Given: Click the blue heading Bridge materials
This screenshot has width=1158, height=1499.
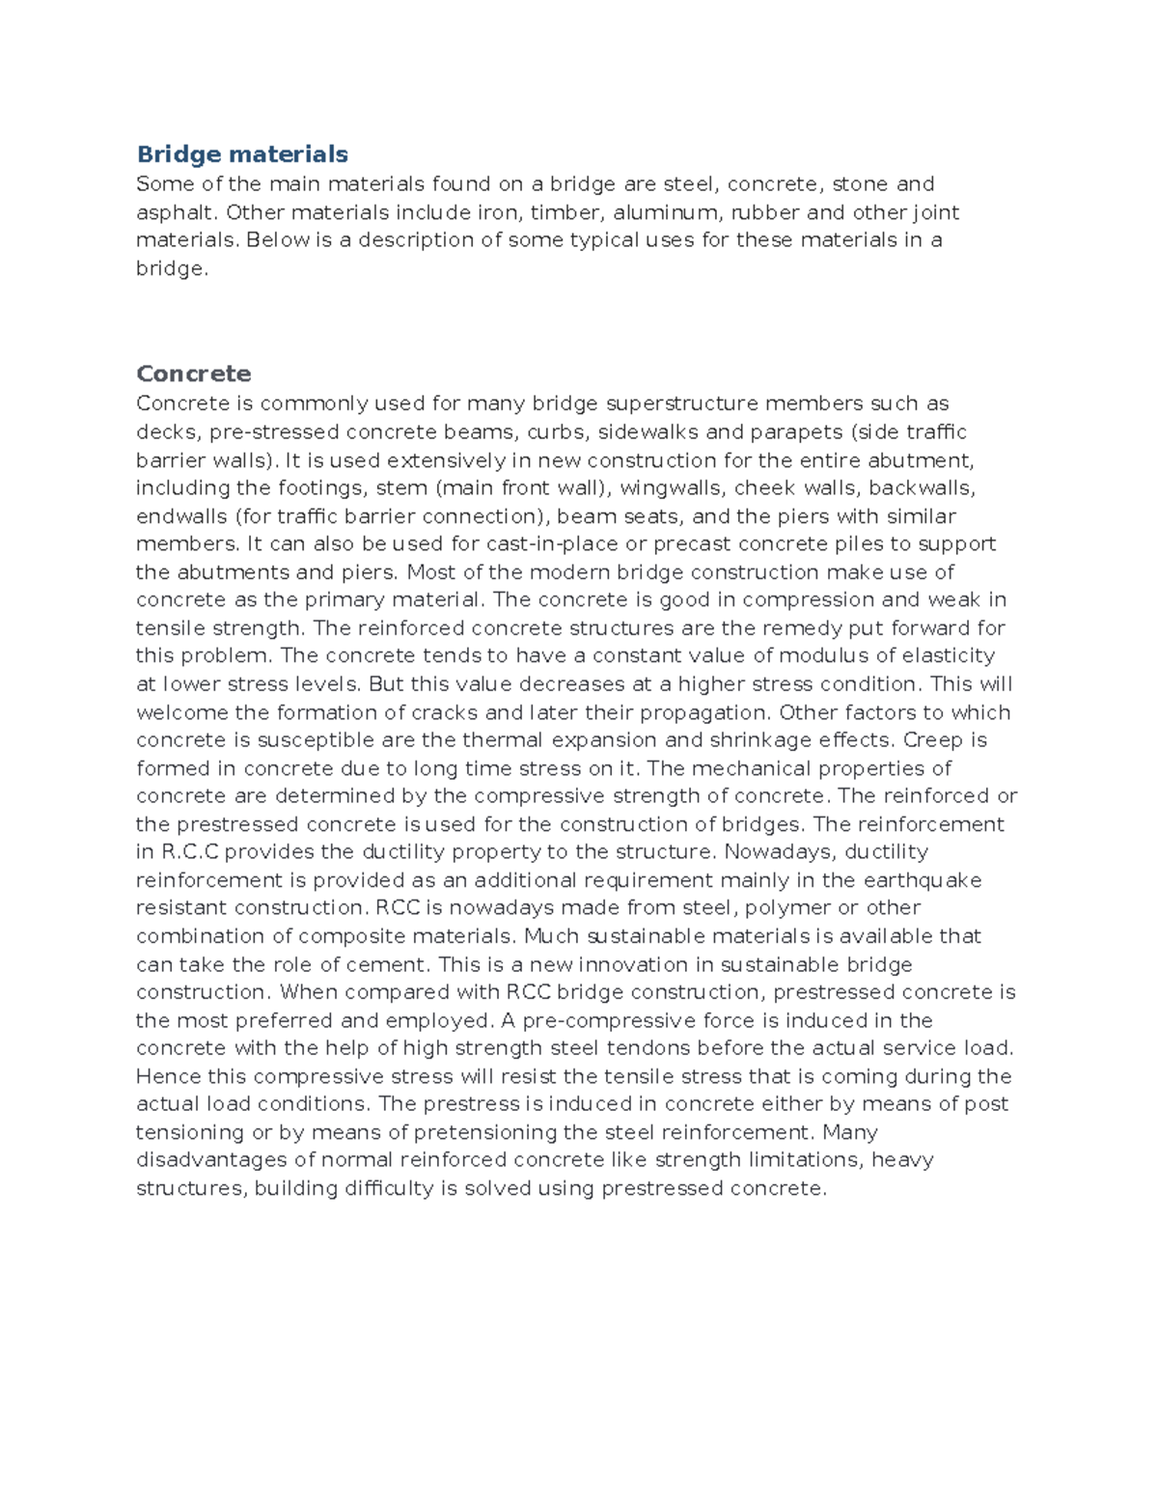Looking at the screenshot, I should click(x=242, y=154).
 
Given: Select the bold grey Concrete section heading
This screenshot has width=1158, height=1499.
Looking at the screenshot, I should click(x=193, y=374).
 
